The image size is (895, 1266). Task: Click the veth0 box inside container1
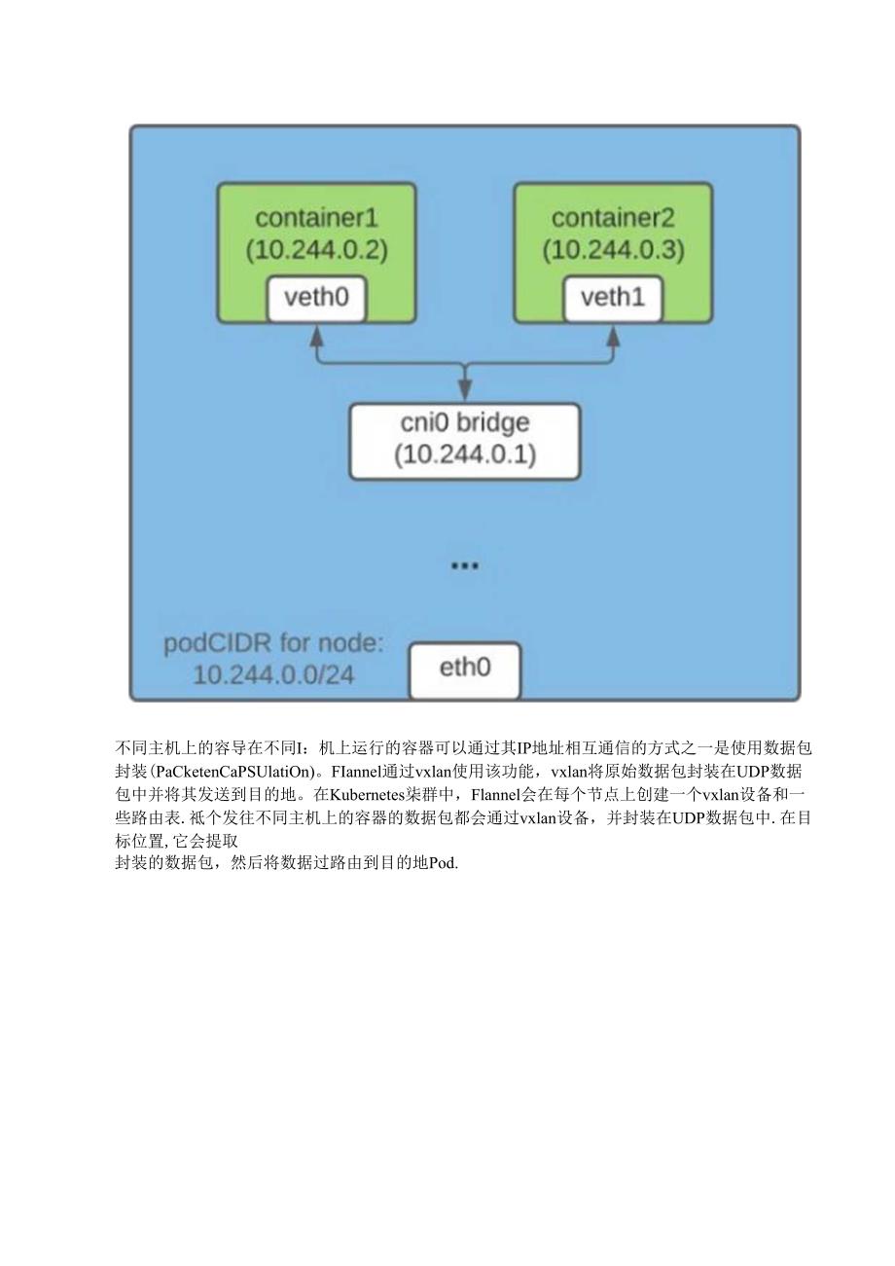tap(316, 298)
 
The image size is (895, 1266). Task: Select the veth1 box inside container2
tap(613, 298)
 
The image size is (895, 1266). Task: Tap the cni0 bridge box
tap(465, 441)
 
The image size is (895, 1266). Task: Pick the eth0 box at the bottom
tap(465, 669)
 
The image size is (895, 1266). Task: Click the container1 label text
tap(316, 218)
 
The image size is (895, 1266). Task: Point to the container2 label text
tap(613, 218)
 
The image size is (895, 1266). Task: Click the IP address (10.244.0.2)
tap(316, 250)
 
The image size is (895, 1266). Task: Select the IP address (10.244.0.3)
tap(613, 250)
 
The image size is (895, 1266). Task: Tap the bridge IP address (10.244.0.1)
tap(465, 455)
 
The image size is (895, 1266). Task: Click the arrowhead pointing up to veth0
tap(316, 335)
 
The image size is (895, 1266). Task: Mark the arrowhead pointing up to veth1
tap(613, 335)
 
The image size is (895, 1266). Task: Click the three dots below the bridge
tap(465, 566)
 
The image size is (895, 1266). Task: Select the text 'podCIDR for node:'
tap(273, 643)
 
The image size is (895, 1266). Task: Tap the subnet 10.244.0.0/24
tap(273, 674)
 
